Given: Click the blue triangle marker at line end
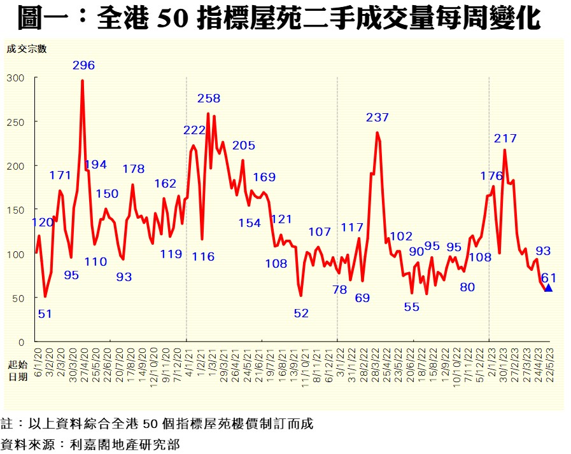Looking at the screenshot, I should pos(549,288).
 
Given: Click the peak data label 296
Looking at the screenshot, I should pos(83,65).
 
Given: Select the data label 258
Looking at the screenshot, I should pos(209,99).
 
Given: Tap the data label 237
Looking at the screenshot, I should pos(377,118).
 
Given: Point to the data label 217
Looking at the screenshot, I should pos(505,139).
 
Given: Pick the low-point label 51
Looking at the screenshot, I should pos(44,313).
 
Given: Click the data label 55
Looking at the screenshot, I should pos(412,306).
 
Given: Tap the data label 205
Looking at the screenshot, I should pos(244,146).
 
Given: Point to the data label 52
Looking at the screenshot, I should pos(301,313).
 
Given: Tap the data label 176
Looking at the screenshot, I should pos(491,176).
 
